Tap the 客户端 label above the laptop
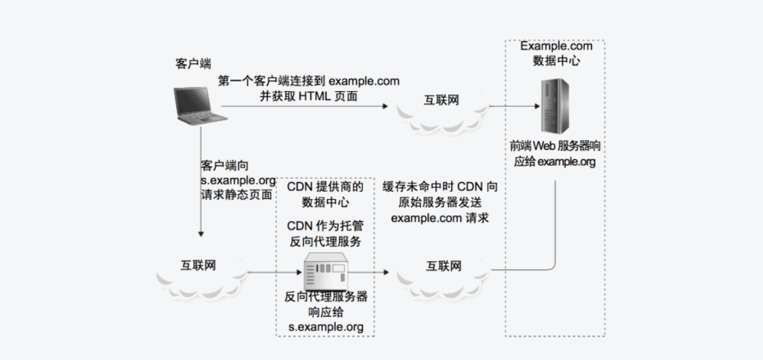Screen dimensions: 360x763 coord(193,63)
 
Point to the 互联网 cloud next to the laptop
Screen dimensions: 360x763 coord(441,101)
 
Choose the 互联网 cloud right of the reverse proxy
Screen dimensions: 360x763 coord(444,266)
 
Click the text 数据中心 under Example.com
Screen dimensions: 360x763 coord(556,61)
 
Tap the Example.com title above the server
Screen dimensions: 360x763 coord(556,46)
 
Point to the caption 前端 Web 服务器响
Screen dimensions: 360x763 coord(555,146)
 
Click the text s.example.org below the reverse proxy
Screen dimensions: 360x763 coord(326,326)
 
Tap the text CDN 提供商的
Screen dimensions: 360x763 coord(326,187)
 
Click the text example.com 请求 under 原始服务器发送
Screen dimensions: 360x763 coord(439,218)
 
